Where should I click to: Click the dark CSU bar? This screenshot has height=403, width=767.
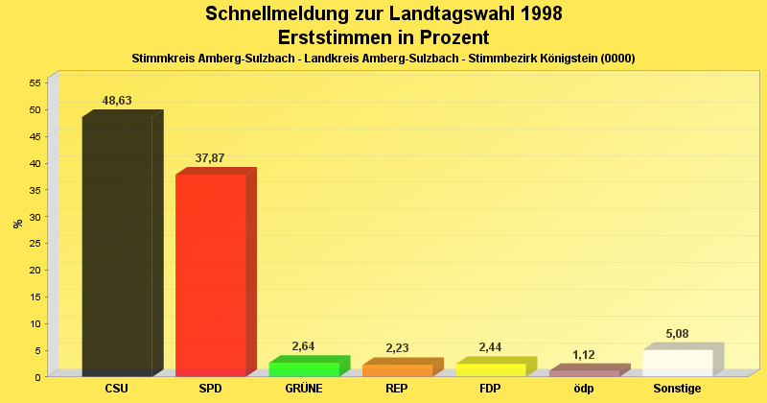click(x=117, y=245)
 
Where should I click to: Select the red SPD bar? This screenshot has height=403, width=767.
click(x=211, y=273)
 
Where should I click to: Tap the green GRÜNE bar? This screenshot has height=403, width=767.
click(x=304, y=369)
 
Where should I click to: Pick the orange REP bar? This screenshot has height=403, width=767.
click(x=397, y=370)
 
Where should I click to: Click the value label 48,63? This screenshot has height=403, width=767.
click(x=117, y=101)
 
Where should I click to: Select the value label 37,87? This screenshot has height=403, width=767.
click(x=210, y=158)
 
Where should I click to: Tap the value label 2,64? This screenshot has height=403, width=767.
click(x=303, y=346)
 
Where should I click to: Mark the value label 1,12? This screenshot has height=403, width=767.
click(x=584, y=355)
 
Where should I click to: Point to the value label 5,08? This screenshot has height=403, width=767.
click(x=678, y=335)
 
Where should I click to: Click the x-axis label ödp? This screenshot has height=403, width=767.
click(x=584, y=389)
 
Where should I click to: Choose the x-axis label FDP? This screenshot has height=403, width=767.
click(x=491, y=389)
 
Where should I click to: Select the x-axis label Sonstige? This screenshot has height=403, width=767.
click(x=678, y=389)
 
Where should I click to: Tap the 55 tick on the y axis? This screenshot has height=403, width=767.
click(x=34, y=83)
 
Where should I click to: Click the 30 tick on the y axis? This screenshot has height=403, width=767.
click(x=34, y=217)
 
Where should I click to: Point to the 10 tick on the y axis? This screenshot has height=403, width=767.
click(x=34, y=323)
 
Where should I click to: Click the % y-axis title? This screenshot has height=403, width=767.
click(x=17, y=224)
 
